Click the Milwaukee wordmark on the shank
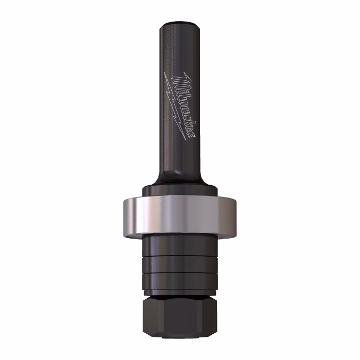(x=184, y=105)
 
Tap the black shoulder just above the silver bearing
(x=180, y=191)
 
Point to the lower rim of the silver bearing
(x=180, y=235)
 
